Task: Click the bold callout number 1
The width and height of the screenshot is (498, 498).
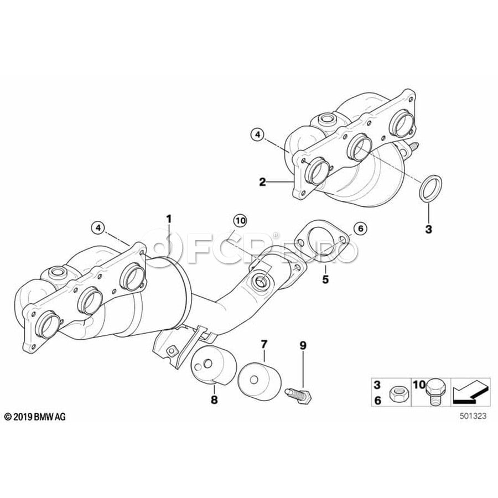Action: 169,219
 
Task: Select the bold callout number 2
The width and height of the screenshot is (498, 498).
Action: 263,181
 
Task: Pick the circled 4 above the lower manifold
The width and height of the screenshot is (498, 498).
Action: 97,227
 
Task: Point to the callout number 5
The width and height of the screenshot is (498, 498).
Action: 325,280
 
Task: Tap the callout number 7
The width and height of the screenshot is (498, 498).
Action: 263,345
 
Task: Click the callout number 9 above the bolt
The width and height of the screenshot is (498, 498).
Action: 303,345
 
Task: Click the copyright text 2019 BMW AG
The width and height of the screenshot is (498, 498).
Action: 35,417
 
